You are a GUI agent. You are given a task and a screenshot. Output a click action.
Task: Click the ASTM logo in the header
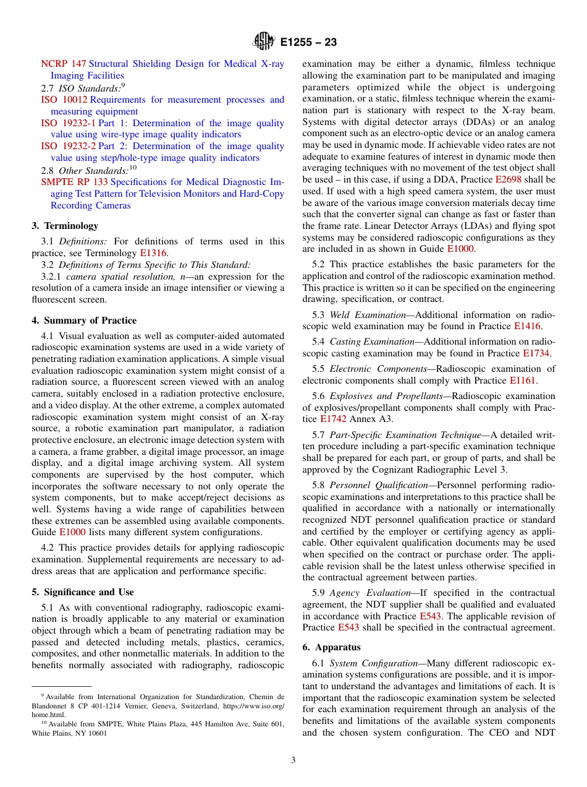(264, 42)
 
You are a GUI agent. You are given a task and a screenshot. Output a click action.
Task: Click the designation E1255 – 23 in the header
(308, 43)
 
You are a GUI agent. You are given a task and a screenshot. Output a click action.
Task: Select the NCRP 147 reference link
(63, 64)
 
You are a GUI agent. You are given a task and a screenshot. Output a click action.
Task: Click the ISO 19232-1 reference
(68, 123)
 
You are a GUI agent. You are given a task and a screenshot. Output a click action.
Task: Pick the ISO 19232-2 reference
(68, 146)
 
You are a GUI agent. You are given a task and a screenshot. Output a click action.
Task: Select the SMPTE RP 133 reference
(74, 182)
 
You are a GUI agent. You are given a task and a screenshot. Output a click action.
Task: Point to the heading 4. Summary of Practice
(84, 320)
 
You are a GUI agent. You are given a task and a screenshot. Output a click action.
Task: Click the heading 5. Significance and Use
(83, 592)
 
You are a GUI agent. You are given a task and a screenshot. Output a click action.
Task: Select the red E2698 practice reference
(507, 179)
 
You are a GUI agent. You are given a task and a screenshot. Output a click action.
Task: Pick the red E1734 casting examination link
(536, 353)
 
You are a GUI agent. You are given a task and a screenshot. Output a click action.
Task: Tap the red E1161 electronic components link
(522, 381)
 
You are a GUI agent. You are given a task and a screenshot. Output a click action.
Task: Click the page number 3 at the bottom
(293, 760)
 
